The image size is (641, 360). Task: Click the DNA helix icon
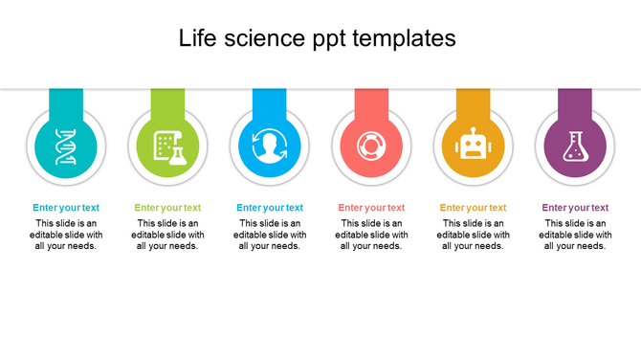(66, 146)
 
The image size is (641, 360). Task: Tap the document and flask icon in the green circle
(167, 146)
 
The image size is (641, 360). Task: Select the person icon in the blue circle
(270, 146)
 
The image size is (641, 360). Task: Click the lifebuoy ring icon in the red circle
(371, 146)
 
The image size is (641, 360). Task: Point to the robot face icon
(473, 146)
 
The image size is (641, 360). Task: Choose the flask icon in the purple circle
(575, 146)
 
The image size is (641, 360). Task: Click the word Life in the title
(198, 38)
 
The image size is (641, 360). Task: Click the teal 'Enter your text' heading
(66, 208)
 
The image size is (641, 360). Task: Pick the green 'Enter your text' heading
(167, 208)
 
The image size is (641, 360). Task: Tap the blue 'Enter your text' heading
(270, 208)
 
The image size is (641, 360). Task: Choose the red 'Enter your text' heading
(371, 208)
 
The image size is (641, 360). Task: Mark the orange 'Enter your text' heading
(473, 208)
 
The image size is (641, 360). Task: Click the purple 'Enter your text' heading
(575, 208)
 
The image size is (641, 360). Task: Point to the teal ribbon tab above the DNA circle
(66, 100)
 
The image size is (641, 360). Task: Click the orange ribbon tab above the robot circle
(473, 100)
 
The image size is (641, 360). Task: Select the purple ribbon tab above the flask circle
(575, 100)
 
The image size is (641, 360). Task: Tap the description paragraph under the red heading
(371, 235)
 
